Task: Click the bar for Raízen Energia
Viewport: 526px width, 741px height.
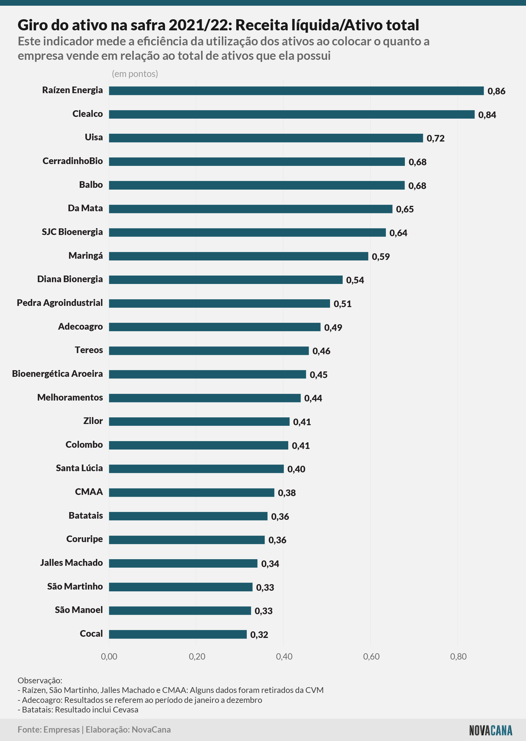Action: pyautogui.click(x=296, y=91)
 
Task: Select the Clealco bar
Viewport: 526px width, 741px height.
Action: pyautogui.click(x=292, y=114)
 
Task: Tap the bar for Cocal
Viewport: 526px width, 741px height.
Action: pyautogui.click(x=178, y=634)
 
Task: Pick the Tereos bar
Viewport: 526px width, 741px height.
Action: pyautogui.click(x=209, y=351)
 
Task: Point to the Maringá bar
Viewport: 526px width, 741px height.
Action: pyautogui.click(x=238, y=256)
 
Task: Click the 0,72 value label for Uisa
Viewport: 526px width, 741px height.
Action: pyautogui.click(x=435, y=139)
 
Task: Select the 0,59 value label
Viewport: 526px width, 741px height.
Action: pyautogui.click(x=381, y=257)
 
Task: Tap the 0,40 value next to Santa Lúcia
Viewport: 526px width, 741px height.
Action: pyautogui.click(x=296, y=469)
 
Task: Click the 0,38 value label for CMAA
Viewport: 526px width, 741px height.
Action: pyautogui.click(x=287, y=493)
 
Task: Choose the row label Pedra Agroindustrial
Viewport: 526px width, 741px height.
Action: pyautogui.click(x=60, y=303)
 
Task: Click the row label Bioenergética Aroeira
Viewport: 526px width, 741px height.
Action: pyautogui.click(x=57, y=374)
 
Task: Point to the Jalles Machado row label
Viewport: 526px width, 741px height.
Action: pyautogui.click(x=71, y=563)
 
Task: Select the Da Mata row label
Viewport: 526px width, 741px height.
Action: pyautogui.click(x=85, y=208)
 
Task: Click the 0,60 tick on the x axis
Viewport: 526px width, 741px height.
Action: pyautogui.click(x=371, y=657)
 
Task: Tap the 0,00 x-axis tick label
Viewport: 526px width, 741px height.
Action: pyautogui.click(x=109, y=657)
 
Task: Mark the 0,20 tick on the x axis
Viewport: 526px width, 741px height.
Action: pyautogui.click(x=197, y=657)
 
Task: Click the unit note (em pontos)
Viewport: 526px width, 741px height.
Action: pyautogui.click(x=135, y=74)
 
